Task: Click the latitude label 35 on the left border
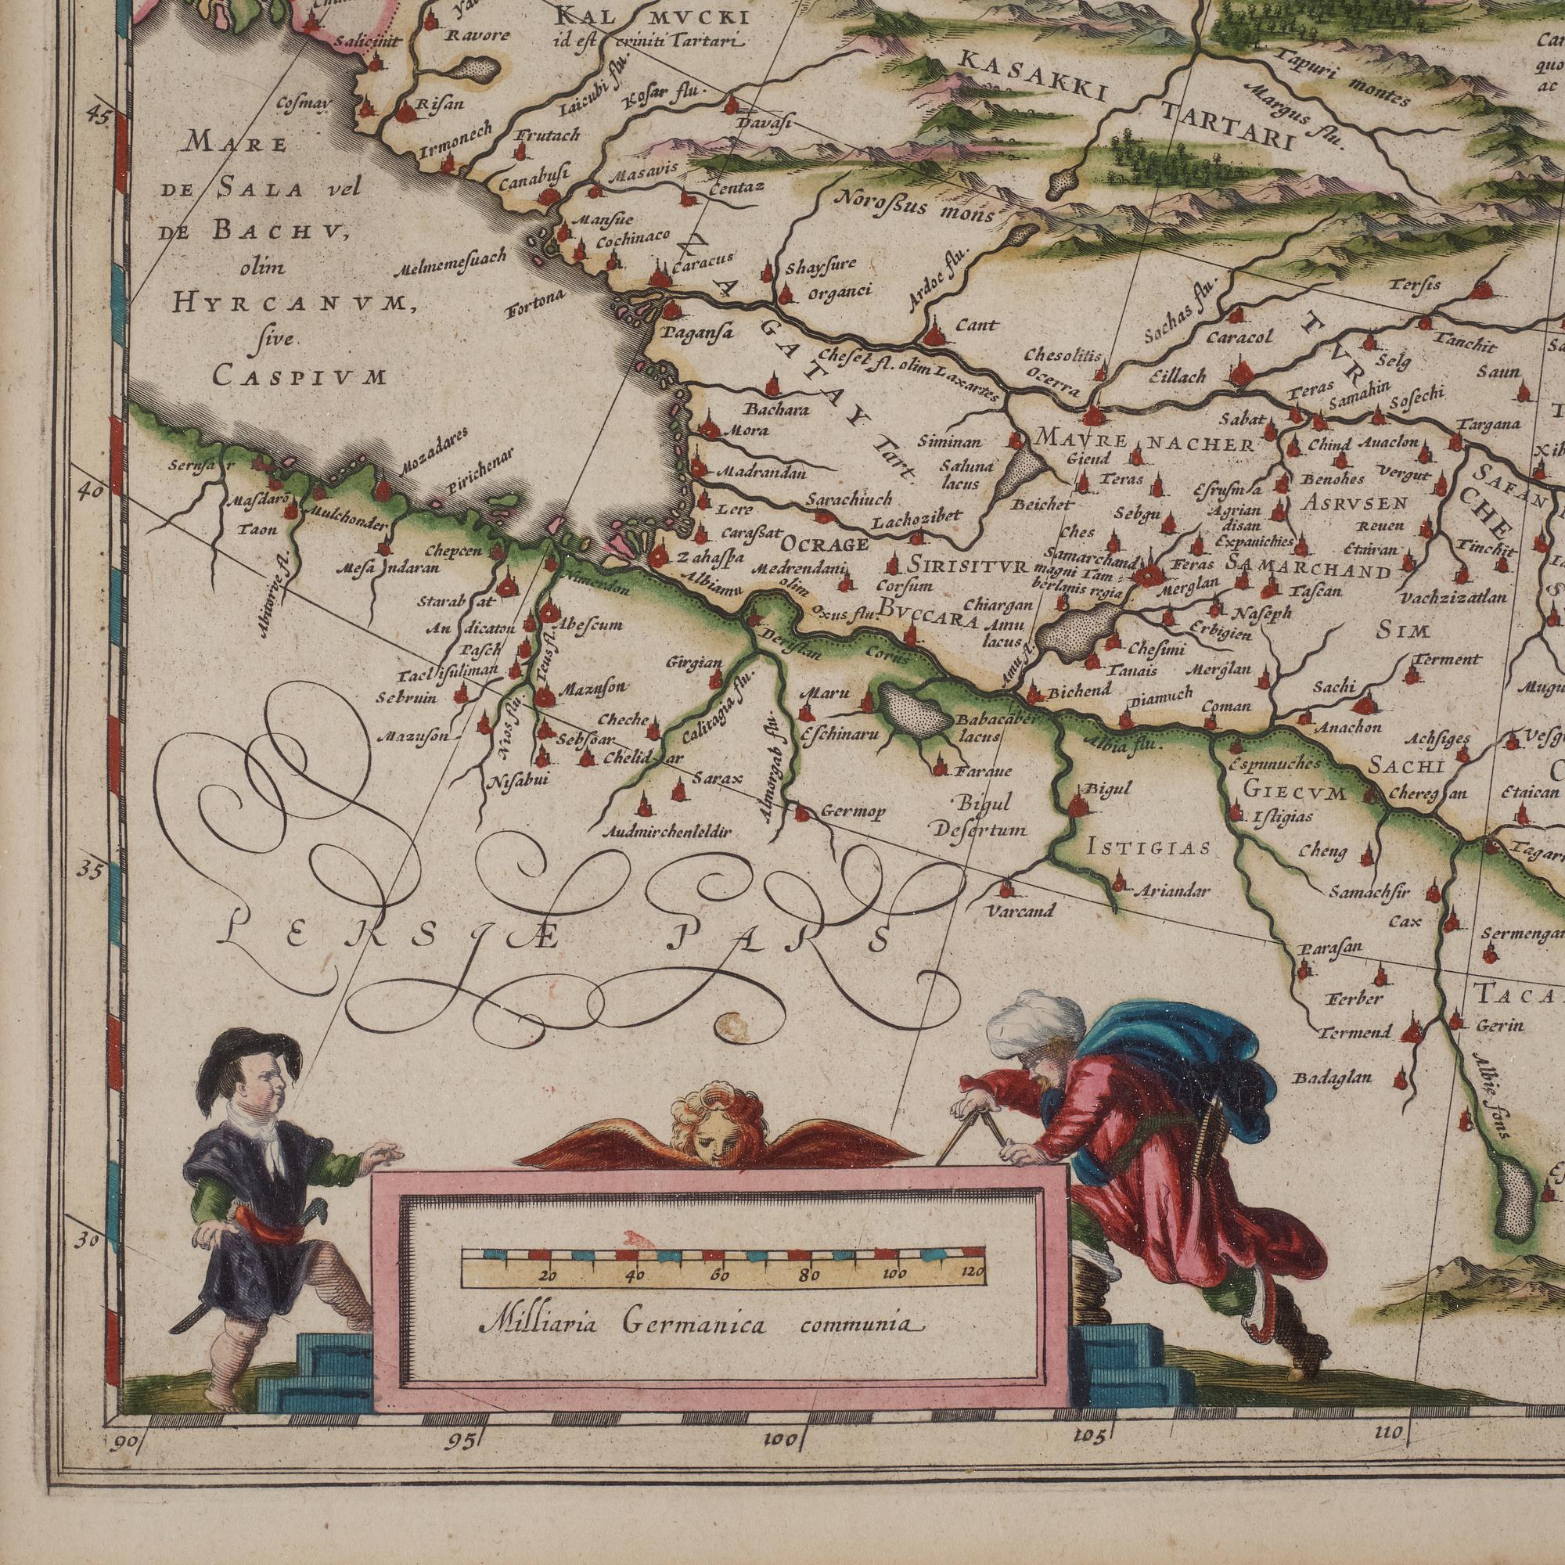pos(91,871)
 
